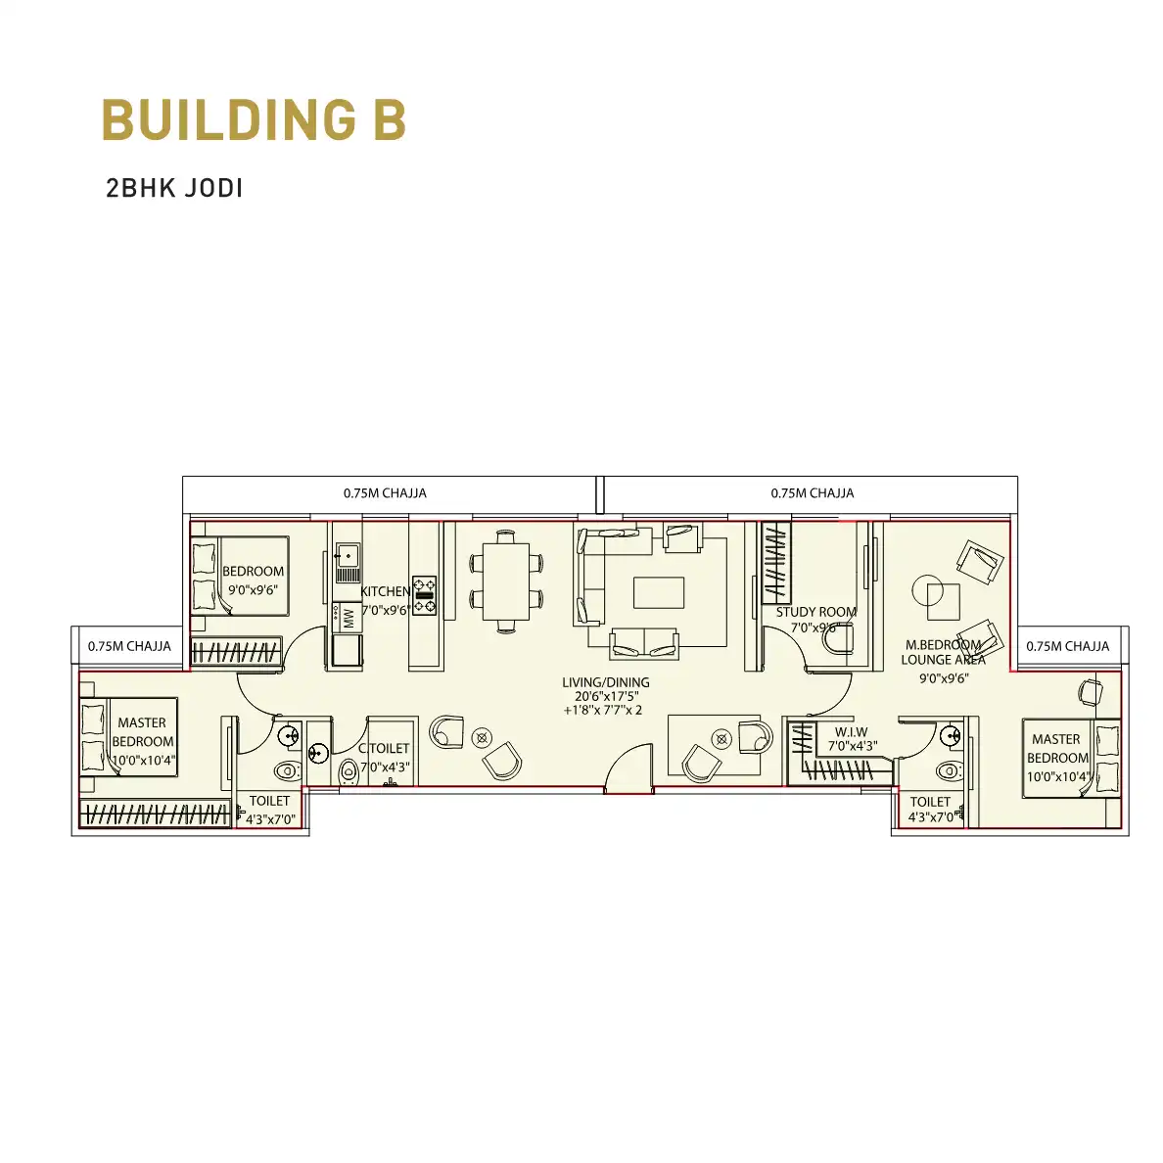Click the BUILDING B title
[254, 118]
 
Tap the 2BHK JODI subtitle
[174, 188]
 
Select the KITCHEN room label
[386, 591]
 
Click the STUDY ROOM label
[815, 612]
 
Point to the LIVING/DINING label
[606, 682]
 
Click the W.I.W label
[852, 732]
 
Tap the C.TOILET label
[384, 748]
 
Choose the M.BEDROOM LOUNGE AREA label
[944, 652]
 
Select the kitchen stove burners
[424, 595]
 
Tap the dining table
[506, 581]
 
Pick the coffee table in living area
[659, 592]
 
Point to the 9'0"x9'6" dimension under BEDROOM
[253, 590]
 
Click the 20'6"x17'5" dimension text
[606, 696]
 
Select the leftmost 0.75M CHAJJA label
[130, 646]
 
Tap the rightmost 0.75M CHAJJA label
[1067, 646]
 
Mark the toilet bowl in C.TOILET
[348, 771]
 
